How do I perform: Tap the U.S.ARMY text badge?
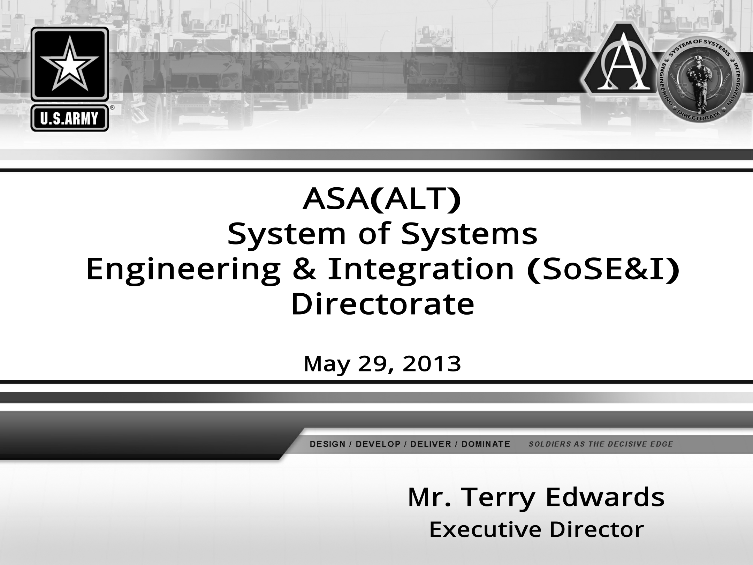click(70, 119)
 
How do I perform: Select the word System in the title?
click(286, 234)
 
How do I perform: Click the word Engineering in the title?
click(183, 270)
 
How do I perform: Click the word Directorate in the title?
click(382, 304)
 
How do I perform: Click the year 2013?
click(432, 364)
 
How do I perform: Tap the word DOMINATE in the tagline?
click(486, 444)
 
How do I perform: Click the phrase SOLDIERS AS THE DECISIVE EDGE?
click(601, 444)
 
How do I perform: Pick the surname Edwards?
click(605, 497)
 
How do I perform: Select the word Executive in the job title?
click(485, 529)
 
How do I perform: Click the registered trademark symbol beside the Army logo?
click(112, 108)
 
